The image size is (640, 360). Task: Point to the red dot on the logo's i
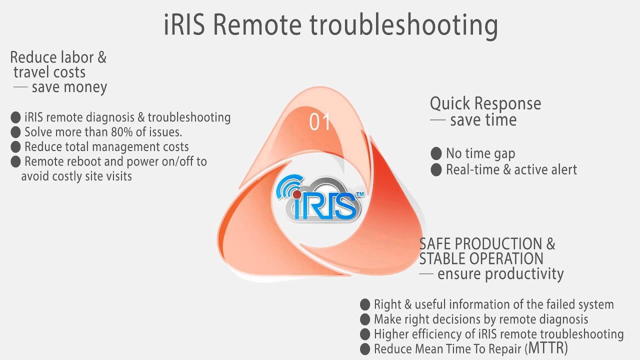[296, 193]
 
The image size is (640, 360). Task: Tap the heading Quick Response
[485, 104]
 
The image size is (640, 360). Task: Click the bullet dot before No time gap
[436, 153]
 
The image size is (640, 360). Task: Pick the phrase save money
[69, 87]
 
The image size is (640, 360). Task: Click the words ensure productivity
[500, 274]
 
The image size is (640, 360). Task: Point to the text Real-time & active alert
[511, 169]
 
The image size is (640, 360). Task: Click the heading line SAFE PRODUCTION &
[487, 244]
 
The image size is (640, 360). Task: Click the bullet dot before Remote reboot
[15, 161]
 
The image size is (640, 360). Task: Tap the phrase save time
[483, 120]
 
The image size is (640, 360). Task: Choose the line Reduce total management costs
[106, 147]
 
